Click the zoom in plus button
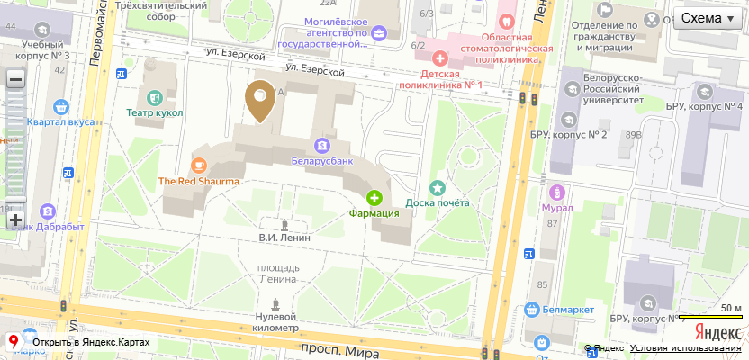[15, 219]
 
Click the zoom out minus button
[15, 79]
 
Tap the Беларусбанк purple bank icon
[321, 145]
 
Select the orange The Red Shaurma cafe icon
[199, 165]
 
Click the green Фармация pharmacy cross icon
[374, 197]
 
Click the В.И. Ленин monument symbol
[285, 224]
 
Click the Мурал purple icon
[557, 192]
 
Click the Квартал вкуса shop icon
[61, 106]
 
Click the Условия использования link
[687, 348]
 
